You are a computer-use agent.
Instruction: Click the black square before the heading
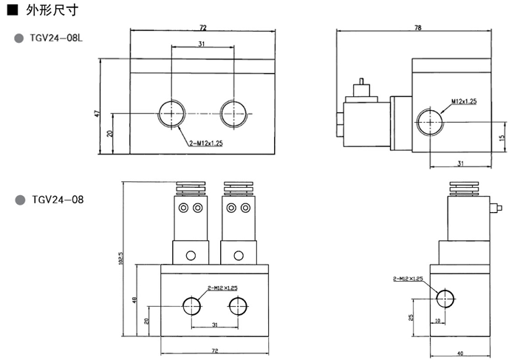pos(11,12)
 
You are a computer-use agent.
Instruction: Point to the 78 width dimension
pos(417,27)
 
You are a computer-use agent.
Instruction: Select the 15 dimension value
pos(502,137)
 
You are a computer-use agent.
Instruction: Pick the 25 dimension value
pos(411,316)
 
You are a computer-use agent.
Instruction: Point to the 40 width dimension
pos(459,353)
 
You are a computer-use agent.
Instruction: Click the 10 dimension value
pos(438,320)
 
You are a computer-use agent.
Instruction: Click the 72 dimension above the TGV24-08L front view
pos(202,27)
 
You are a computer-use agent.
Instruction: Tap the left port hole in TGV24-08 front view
pos(191,305)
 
